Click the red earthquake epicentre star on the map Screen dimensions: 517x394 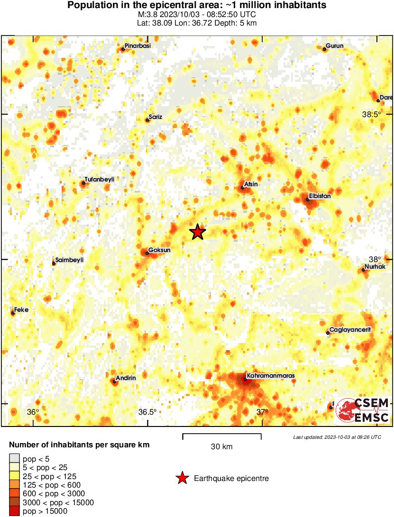[x=198, y=232]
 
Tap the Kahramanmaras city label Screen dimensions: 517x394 [x=271, y=376]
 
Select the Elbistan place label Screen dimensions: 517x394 [x=320, y=195]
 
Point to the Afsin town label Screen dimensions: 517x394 [x=251, y=184]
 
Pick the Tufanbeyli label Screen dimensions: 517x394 [x=99, y=179]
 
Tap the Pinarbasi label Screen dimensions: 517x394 [x=137, y=45]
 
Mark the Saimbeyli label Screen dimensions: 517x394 [x=69, y=260]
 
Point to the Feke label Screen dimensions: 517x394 [x=22, y=309]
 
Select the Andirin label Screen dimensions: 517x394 [x=126, y=378]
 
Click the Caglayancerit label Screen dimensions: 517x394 [x=350, y=330]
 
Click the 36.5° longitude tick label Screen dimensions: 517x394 [x=147, y=412]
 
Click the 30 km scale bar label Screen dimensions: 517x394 [x=222, y=446]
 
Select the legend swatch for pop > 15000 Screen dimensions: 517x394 [x=14, y=511]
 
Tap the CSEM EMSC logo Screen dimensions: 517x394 [x=363, y=410]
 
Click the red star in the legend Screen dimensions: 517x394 [x=182, y=479]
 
